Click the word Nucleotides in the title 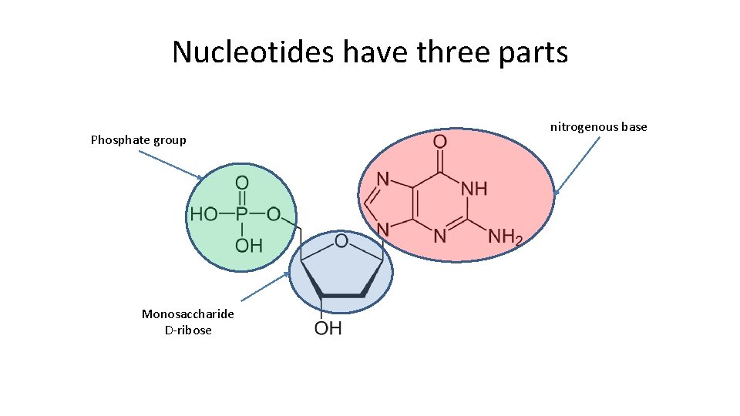[x=254, y=52]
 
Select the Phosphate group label [x=138, y=139]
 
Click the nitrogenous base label [x=598, y=126]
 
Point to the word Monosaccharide [x=187, y=314]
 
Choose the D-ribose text [x=188, y=330]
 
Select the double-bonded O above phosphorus [x=241, y=183]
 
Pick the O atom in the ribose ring [x=341, y=242]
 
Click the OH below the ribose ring [x=328, y=328]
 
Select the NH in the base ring [x=474, y=187]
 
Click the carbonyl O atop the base [x=439, y=142]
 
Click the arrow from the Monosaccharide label [x=264, y=285]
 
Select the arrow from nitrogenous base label [x=577, y=165]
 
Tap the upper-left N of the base [x=382, y=179]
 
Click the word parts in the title [x=533, y=52]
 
